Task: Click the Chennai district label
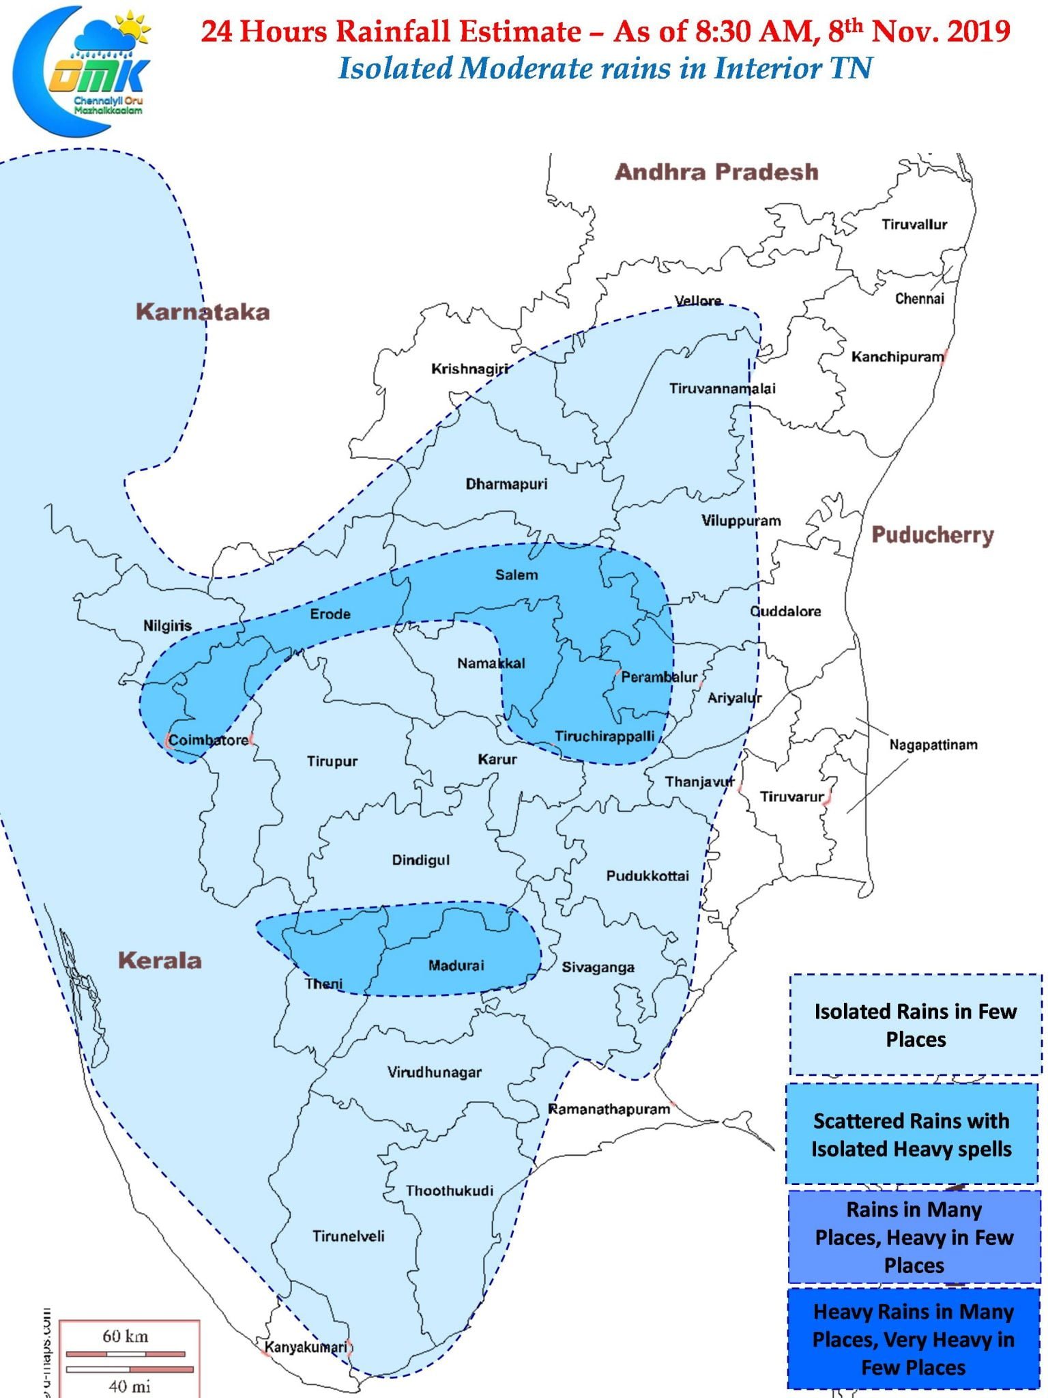click(x=919, y=298)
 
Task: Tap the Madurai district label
click(x=456, y=965)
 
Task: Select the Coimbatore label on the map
click(x=208, y=741)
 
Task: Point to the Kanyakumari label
click(x=305, y=1347)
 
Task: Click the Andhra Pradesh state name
click(x=716, y=172)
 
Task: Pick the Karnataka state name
click(x=203, y=312)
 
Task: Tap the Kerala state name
click(x=160, y=960)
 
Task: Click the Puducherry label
click(x=932, y=534)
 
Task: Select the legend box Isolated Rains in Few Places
click(x=915, y=1025)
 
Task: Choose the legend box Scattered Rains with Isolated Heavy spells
click(x=911, y=1135)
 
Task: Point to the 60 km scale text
click(x=125, y=1335)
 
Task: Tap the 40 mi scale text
click(x=129, y=1386)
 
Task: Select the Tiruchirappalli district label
click(x=605, y=737)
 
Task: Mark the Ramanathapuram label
click(x=609, y=1109)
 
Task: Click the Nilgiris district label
click(x=167, y=625)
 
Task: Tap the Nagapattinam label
click(x=933, y=745)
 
